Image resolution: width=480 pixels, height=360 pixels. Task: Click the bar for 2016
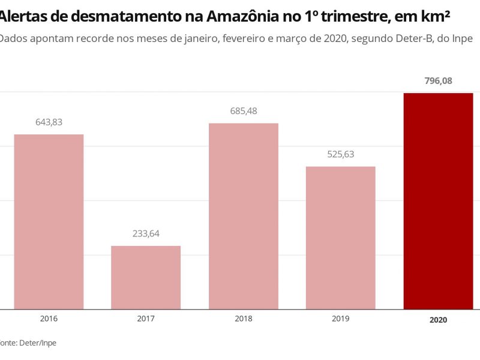(x=49, y=221)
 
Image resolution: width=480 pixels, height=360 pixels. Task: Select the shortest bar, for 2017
(x=146, y=277)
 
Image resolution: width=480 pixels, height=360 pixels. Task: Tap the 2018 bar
(x=243, y=216)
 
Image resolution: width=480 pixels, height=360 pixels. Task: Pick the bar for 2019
(x=340, y=238)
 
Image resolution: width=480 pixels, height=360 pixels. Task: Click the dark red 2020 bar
(x=438, y=201)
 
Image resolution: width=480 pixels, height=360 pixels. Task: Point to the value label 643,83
(x=49, y=122)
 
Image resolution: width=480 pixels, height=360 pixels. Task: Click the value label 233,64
(x=146, y=233)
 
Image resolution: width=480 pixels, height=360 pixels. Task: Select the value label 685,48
(x=243, y=111)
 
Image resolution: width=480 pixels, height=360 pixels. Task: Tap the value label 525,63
(x=340, y=154)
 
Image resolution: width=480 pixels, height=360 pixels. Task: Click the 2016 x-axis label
(x=49, y=319)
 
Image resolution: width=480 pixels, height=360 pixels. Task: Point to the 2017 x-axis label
(x=146, y=319)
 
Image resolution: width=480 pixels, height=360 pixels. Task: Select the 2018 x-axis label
(x=243, y=319)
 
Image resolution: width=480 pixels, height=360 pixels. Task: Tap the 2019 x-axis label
(x=340, y=319)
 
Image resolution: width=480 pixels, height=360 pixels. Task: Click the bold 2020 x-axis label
(x=438, y=320)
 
